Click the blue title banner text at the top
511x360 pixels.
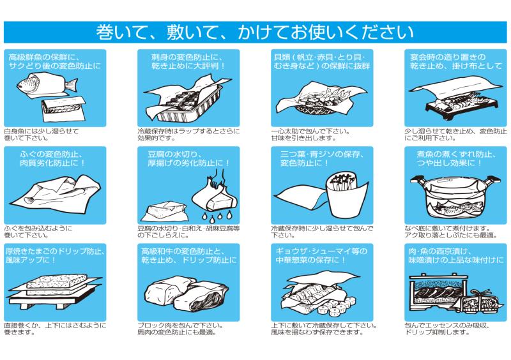tap(255, 32)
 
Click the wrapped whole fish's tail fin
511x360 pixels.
tap(72, 85)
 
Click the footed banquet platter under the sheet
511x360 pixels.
tap(462, 103)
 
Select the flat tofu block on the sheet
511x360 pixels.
tap(165, 211)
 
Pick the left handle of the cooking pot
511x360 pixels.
tap(417, 180)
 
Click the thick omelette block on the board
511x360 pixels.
tap(57, 281)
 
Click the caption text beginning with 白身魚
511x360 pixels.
tap(42, 135)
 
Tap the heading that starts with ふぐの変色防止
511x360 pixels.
tap(52, 158)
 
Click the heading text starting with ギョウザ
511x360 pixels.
tap(321, 255)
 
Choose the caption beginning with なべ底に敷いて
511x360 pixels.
tap(451, 232)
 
